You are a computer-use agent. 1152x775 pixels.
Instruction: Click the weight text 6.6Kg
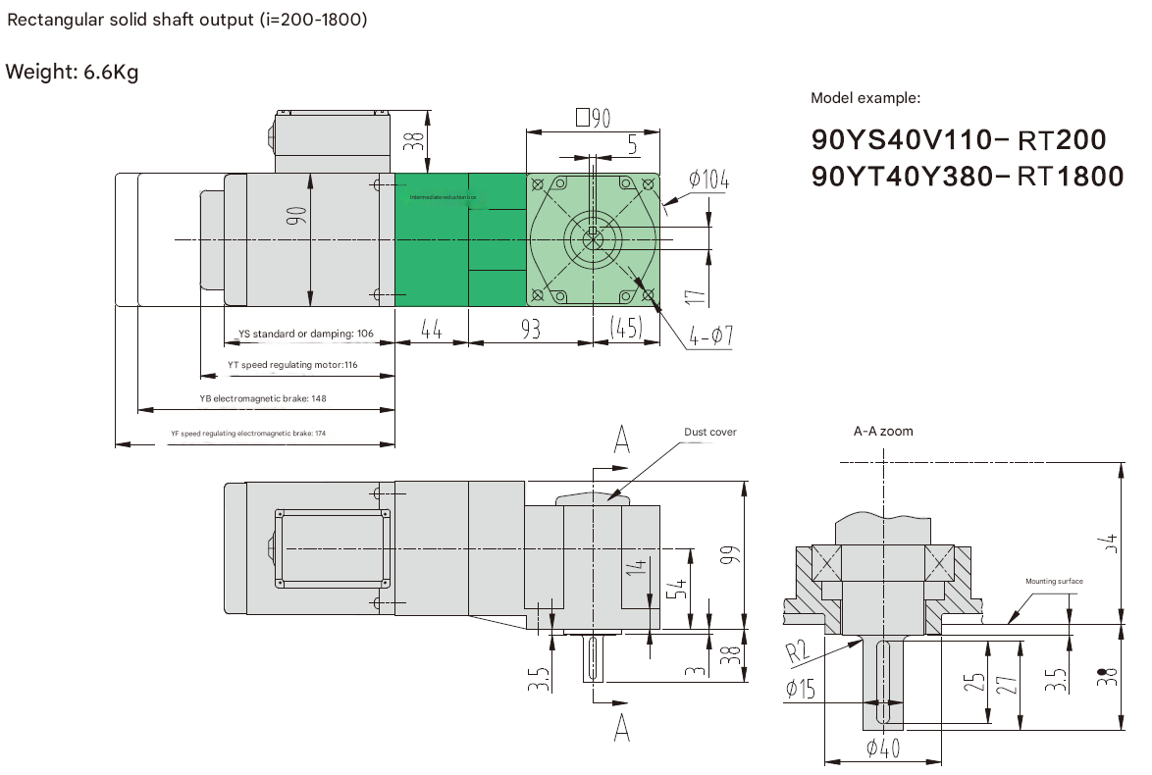pyautogui.click(x=72, y=73)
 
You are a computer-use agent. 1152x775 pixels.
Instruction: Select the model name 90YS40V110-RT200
pyautogui.click(x=959, y=140)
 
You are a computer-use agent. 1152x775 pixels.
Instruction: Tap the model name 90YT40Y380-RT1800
pyautogui.click(x=968, y=176)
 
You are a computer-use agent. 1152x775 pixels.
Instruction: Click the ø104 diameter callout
pyautogui.click(x=708, y=180)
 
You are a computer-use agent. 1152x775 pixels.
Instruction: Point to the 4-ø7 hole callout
pyautogui.click(x=711, y=336)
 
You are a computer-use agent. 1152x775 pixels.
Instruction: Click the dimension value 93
pyautogui.click(x=530, y=330)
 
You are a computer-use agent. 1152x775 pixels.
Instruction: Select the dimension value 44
pyautogui.click(x=432, y=330)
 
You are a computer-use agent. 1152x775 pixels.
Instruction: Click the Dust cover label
pyautogui.click(x=709, y=432)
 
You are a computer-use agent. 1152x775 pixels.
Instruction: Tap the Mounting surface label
pyautogui.click(x=1054, y=582)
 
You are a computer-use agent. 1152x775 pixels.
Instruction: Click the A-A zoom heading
pyautogui.click(x=883, y=432)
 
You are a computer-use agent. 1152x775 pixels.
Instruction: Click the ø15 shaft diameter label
pyautogui.click(x=801, y=689)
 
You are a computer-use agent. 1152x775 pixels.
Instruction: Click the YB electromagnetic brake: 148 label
pyautogui.click(x=262, y=399)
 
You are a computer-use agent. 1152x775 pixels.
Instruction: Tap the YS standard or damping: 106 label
pyautogui.click(x=305, y=334)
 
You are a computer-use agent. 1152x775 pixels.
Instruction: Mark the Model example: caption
pyautogui.click(x=865, y=98)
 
